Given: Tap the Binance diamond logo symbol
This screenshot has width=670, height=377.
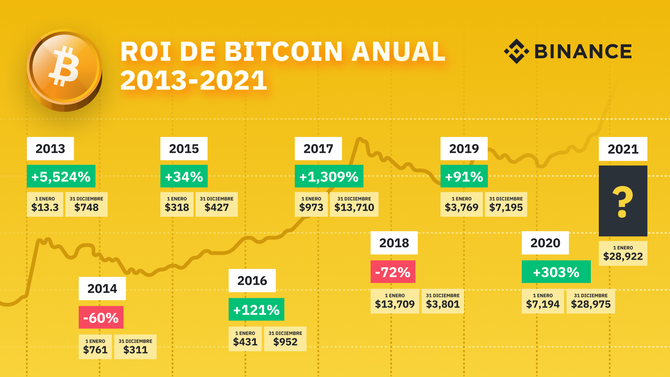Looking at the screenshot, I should [x=516, y=51].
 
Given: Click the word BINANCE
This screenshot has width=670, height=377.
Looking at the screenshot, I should [x=583, y=52].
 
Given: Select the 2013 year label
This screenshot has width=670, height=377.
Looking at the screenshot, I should [x=50, y=149].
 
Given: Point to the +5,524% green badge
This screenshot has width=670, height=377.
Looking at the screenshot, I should [x=61, y=176].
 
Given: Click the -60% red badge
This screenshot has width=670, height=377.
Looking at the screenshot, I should [x=101, y=318].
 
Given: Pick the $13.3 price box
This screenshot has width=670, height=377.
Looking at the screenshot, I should [x=45, y=204].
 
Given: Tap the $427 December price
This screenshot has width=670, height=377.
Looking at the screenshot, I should [x=216, y=204].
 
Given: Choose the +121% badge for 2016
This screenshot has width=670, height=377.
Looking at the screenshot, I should [x=256, y=310].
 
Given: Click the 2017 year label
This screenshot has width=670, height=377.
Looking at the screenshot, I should [x=318, y=149].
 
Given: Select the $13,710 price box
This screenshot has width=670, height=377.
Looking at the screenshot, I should [x=354, y=204].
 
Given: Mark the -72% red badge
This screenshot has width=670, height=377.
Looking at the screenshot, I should [x=393, y=272].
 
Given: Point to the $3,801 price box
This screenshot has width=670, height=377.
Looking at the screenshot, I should [x=443, y=301].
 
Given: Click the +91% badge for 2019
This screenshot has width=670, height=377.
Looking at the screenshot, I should [x=464, y=176].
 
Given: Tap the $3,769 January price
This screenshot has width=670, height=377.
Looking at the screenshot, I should [x=461, y=204].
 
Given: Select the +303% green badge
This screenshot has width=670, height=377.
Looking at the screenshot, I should [x=556, y=272].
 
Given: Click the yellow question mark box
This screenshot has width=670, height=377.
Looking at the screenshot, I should [x=623, y=201].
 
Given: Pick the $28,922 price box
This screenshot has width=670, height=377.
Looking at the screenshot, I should [x=623, y=253].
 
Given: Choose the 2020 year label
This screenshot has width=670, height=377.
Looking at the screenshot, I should [x=545, y=243].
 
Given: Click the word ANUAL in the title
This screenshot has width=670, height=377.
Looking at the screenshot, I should [x=398, y=52].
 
